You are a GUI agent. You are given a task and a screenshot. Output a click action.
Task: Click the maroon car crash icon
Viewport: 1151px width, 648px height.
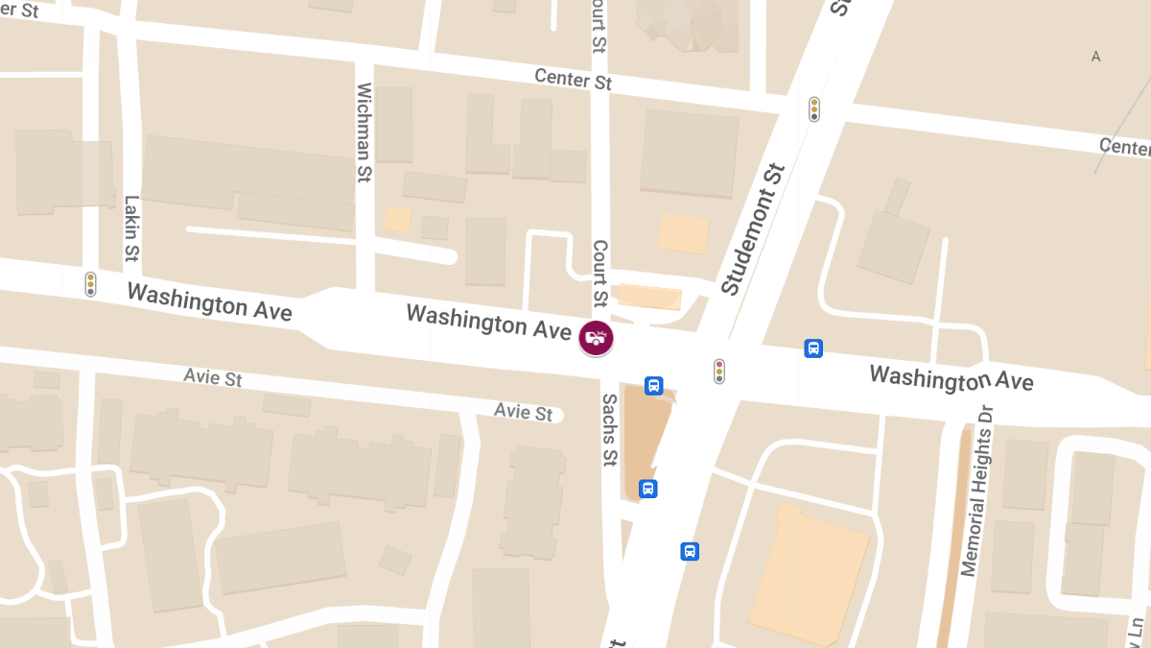pos(596,338)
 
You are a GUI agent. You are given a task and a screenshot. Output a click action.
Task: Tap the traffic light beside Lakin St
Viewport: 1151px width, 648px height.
pos(91,283)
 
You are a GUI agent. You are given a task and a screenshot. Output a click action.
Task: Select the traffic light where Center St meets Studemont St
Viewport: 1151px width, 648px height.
pos(814,109)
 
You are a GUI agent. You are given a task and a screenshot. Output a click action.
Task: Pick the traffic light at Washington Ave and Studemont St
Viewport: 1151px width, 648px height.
pos(718,371)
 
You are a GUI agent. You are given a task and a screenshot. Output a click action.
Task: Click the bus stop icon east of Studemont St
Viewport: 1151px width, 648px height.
pos(813,348)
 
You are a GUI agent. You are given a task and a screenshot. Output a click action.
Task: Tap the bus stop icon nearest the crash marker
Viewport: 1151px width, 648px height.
pos(653,386)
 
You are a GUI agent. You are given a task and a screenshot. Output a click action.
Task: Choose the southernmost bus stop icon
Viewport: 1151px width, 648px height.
pos(690,551)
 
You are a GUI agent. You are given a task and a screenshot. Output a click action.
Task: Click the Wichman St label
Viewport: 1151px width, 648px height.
pos(364,132)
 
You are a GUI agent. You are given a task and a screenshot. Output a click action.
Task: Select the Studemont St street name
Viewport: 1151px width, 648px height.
pos(753,230)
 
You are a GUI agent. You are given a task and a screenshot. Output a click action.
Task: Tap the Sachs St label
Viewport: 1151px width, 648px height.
pos(609,430)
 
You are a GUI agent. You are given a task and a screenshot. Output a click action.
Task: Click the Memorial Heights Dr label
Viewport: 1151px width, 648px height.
pos(978,491)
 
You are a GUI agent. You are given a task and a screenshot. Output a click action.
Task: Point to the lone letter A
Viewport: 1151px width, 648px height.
pos(1095,57)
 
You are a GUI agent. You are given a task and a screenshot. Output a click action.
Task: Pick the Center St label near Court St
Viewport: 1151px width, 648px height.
pos(573,79)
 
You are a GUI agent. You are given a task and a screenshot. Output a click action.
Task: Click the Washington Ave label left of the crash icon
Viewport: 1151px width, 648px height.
pos(488,321)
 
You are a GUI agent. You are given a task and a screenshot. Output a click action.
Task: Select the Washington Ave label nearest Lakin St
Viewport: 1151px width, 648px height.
pos(209,301)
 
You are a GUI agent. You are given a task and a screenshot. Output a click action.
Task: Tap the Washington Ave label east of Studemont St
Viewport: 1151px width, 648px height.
pos(951,377)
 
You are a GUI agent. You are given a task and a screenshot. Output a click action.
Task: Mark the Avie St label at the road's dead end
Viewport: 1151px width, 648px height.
pos(524,412)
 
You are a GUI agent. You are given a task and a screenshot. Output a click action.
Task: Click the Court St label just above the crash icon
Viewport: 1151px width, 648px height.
pos(600,275)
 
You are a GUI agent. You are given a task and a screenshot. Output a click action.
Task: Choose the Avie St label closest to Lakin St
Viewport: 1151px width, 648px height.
pos(213,377)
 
